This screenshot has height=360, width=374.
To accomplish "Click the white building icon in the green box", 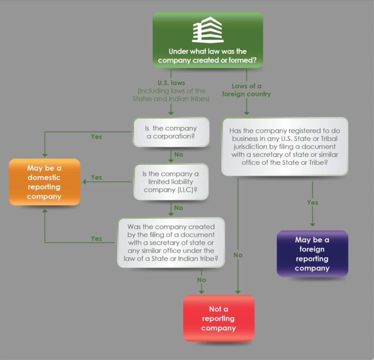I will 207,30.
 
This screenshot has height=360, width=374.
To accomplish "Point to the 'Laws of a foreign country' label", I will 246,90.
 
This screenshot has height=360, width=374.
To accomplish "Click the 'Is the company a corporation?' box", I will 171,132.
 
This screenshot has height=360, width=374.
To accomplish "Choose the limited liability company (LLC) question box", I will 171,181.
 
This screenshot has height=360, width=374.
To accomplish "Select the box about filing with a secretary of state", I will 171,242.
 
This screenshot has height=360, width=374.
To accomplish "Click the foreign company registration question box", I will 284,146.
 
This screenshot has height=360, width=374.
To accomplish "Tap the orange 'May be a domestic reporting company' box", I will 44,181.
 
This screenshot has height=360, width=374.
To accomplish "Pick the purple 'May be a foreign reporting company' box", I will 312,253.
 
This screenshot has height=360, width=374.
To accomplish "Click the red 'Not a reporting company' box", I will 218,318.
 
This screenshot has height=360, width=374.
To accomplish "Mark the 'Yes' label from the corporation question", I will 96,137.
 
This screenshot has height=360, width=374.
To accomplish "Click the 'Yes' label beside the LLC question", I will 96,178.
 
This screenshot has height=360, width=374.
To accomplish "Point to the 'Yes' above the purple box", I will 313,202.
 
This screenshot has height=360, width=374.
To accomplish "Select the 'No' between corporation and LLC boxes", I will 178,155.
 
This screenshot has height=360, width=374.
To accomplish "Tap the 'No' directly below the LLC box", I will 178,208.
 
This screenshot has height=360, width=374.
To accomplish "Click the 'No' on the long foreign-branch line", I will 238,255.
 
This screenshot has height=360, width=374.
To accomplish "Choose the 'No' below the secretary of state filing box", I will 201,280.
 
